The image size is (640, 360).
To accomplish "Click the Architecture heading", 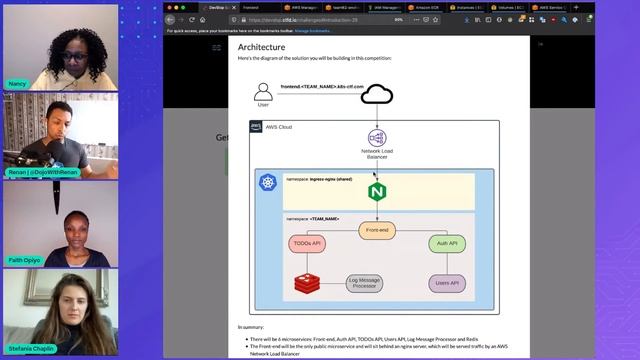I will pyautogui.click(x=261, y=46).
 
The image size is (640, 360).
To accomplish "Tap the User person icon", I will pyautogui.click(x=263, y=90).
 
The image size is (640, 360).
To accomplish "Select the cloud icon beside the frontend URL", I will pyautogui.click(x=376, y=94).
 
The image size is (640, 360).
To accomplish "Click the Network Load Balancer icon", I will pyautogui.click(x=377, y=139).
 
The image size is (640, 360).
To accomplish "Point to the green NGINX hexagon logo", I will pyautogui.click(x=377, y=191).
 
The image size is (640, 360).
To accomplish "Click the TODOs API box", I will pyautogui.click(x=307, y=243).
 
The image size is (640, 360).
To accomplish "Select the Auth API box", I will pyautogui.click(x=446, y=243).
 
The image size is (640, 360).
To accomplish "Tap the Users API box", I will pyautogui.click(x=446, y=284).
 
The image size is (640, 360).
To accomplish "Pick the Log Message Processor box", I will pyautogui.click(x=365, y=284).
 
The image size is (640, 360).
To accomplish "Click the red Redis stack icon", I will pyautogui.click(x=306, y=284).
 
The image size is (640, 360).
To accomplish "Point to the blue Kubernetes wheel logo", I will pyautogui.click(x=267, y=182).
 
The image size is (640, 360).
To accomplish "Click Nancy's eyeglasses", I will pyautogui.click(x=75, y=46).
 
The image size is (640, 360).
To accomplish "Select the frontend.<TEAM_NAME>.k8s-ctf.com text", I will pyautogui.click(x=321, y=87).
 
